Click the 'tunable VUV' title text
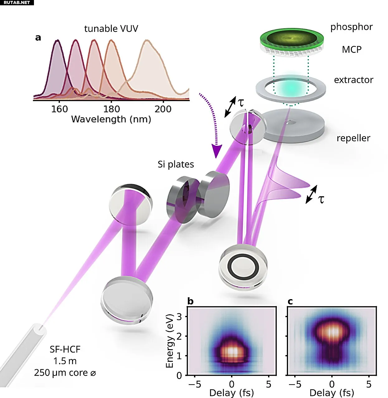111,29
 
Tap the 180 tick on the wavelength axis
111,109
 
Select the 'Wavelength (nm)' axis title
111,119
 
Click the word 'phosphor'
351,27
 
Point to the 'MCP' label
352,49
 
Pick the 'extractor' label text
353,80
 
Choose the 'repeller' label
353,138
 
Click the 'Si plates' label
176,164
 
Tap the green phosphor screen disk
292,39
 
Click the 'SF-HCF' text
65,349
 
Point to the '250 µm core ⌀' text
65,373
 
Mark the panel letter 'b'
190,301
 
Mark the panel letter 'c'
290,301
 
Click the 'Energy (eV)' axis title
170,341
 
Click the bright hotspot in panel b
232,351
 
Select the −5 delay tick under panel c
295,384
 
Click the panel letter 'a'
38,38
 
